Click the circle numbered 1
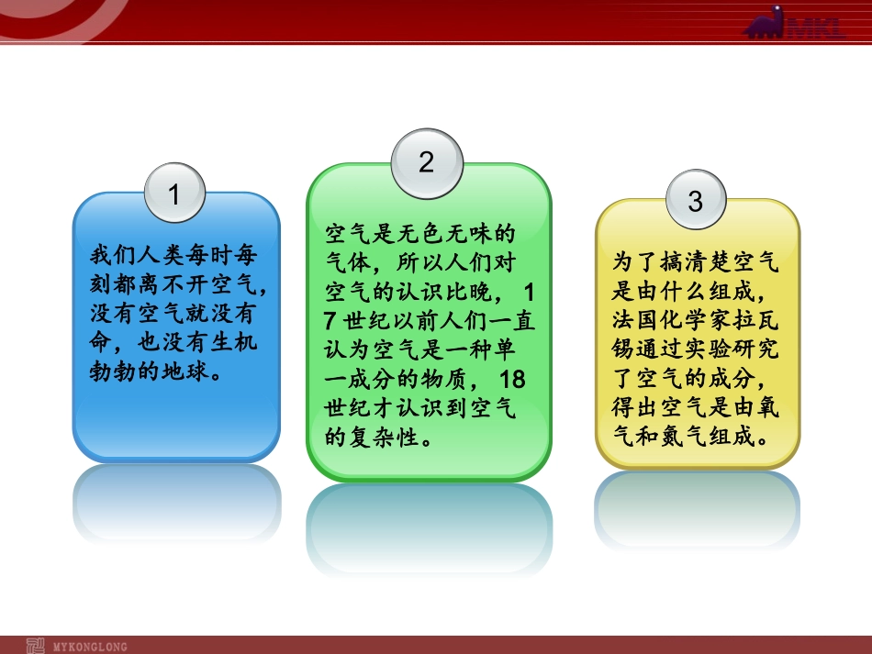tap(174, 194)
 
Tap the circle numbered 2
tap(426, 162)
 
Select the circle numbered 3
tap(695, 201)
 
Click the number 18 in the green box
tap(512, 380)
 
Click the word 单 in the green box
tap(525, 350)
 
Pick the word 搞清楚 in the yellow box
tap(683, 263)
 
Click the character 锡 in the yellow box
tap(623, 349)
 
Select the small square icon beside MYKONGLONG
tap(35, 645)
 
